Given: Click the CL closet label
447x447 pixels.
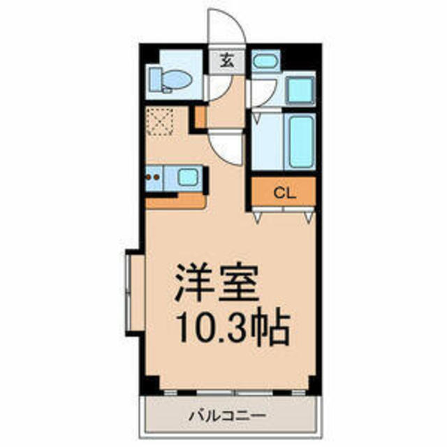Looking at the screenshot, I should tap(283, 192).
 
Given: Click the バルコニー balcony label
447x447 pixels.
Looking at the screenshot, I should tap(228, 416).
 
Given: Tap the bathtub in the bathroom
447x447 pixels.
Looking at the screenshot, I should tap(300, 140).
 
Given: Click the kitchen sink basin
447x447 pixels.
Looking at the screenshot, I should tap(187, 177).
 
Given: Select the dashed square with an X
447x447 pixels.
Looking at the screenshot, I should tap(160, 122).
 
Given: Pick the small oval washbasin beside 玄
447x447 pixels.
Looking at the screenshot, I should tap(263, 62).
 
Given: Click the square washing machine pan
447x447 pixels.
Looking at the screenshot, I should tap(301, 90).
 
